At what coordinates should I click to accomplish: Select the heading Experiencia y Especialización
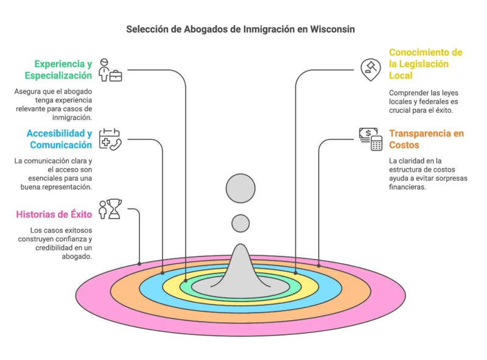[58, 69]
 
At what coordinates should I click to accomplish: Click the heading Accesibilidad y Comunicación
[58, 139]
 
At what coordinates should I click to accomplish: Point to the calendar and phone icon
[110, 139]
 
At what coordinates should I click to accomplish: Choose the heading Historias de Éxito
[54, 214]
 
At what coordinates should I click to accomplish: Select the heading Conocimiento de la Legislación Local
[426, 64]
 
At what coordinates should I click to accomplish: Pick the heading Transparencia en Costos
[426, 139]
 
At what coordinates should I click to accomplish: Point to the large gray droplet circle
[240, 188]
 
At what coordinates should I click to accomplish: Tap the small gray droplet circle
[240, 223]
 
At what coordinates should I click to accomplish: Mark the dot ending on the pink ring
[140, 264]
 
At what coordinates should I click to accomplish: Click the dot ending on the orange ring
[319, 264]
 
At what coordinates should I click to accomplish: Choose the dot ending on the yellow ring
[295, 272]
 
